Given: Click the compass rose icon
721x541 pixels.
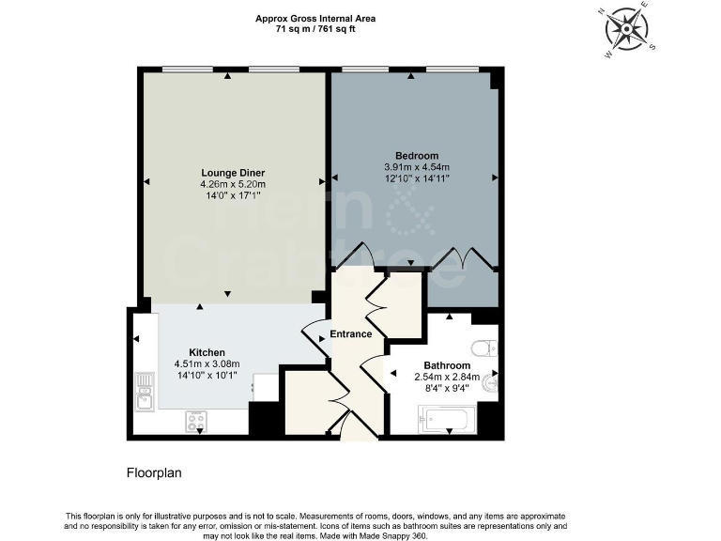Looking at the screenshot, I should (x=626, y=29).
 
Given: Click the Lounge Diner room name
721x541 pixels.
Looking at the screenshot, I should (x=233, y=173).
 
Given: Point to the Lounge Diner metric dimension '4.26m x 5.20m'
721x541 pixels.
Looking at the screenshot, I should (x=233, y=185).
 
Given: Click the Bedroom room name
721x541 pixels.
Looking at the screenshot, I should (x=416, y=156).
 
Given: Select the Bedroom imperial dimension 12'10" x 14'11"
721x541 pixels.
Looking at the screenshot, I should (x=416, y=178).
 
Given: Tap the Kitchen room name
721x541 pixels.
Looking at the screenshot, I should (x=207, y=352).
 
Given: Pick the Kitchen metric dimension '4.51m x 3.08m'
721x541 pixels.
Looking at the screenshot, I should (x=207, y=363).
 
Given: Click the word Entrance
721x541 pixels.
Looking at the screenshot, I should (x=350, y=333).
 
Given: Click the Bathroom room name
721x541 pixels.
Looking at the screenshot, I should (x=447, y=365).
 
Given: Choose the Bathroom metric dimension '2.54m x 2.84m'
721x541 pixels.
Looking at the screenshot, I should (x=447, y=377).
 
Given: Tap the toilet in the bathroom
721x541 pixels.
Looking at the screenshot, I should (x=484, y=349).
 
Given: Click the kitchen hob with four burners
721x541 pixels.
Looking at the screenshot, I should (x=197, y=420).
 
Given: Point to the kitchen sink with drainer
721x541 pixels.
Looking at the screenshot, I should (x=144, y=392).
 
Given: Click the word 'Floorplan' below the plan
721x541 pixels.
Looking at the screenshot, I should (x=154, y=473).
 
